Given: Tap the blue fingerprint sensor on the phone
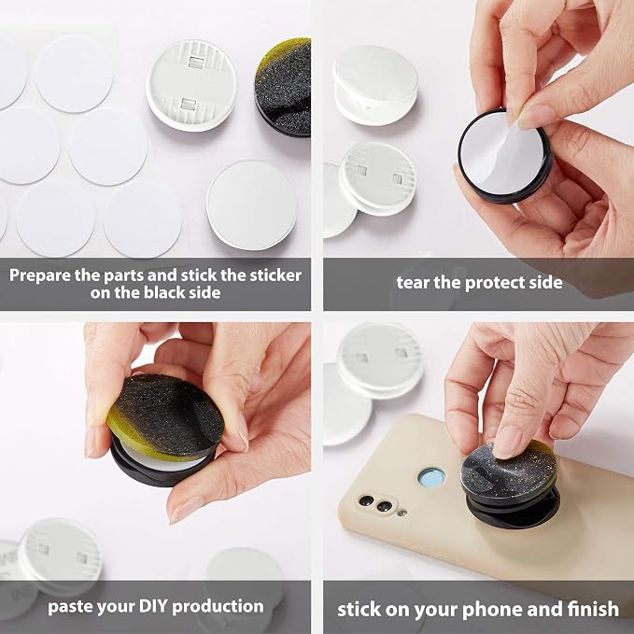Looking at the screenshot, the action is coord(431,478).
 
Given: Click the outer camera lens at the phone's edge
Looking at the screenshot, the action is coord(366,500).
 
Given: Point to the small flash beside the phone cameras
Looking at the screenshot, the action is coord(402,514).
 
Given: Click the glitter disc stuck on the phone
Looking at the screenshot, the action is coord(508,469).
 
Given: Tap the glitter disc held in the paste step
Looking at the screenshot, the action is coord(165,416).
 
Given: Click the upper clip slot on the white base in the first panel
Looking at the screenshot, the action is coord(196,63).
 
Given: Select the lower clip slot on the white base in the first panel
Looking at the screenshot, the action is coord(188,104).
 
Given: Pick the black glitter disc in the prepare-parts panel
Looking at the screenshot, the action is coord(284,87).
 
